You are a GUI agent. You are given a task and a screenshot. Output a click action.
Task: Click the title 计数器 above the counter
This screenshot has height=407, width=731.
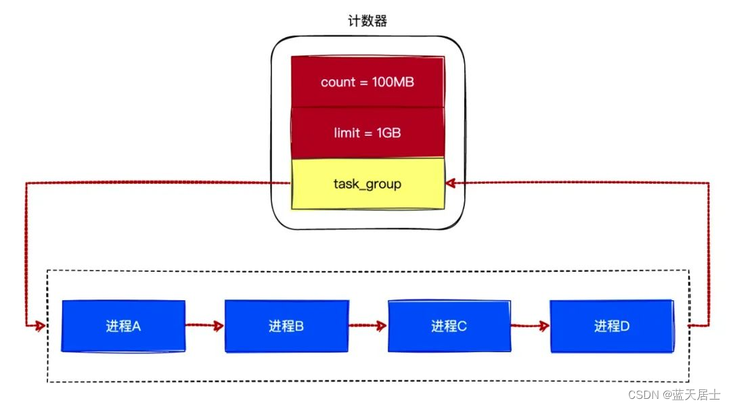point(368,21)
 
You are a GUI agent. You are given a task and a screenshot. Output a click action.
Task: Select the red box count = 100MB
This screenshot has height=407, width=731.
point(368,82)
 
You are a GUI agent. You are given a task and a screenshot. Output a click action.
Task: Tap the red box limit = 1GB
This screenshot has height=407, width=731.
point(368,133)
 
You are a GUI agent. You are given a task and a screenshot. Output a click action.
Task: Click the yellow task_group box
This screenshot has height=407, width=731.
point(368,183)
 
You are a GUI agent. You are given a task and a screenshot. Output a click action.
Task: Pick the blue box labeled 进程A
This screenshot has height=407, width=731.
point(123,326)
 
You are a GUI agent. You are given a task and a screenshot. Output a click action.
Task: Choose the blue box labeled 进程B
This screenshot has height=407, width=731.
point(286,326)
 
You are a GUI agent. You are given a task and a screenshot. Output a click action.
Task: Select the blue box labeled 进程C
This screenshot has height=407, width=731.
point(449,326)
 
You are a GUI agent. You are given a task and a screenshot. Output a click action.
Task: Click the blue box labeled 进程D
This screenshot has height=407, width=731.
point(611,326)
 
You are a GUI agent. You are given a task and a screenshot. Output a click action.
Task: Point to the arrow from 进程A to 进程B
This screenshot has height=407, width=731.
point(204,326)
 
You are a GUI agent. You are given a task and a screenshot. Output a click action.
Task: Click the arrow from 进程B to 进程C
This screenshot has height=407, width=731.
point(368,326)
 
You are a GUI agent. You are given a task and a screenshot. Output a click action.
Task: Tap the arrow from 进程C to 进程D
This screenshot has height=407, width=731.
point(530,326)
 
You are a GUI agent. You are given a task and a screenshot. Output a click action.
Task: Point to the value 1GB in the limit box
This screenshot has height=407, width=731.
point(388,133)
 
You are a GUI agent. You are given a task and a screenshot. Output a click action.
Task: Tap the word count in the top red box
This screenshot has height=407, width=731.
point(338,82)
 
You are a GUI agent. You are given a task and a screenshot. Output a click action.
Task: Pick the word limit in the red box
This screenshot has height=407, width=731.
point(346,133)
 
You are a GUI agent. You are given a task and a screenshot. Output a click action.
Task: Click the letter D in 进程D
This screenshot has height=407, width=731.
point(625,326)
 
